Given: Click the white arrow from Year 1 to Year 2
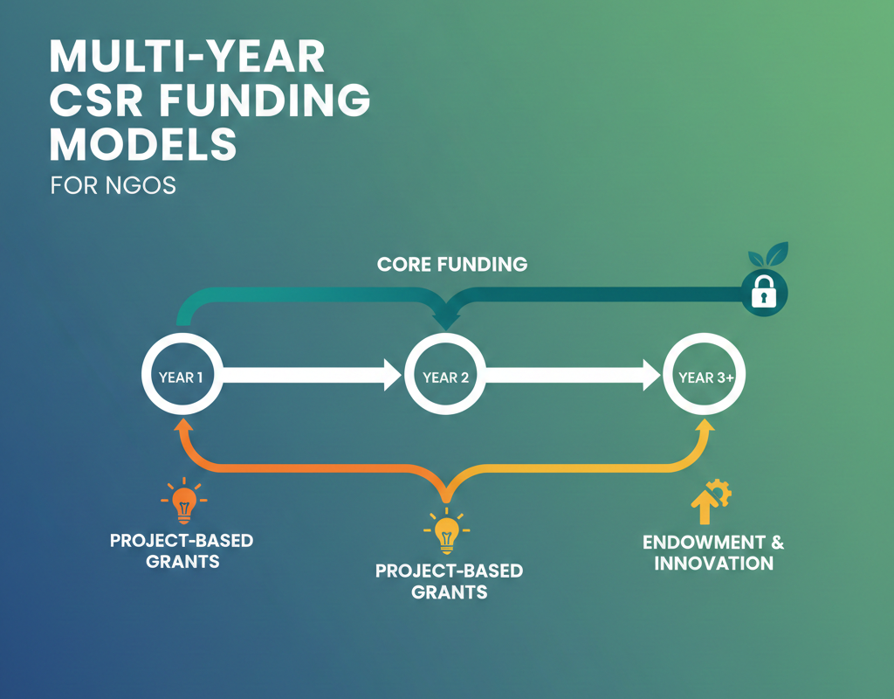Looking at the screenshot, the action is (312, 375).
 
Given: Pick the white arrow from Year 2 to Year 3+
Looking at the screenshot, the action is (573, 375).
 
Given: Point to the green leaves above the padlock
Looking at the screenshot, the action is (768, 254).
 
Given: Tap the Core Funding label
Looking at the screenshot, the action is (452, 264).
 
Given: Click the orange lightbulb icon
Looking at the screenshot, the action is (183, 501).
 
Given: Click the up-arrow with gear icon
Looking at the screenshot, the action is (711, 502).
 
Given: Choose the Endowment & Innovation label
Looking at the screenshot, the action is (713, 552).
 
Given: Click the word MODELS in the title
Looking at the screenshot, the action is (143, 144).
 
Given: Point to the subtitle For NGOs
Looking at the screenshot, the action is (113, 185).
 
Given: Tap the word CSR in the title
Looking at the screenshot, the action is (96, 100).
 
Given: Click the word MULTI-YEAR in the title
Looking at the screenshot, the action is (187, 57).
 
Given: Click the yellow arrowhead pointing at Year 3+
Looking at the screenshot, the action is (705, 426).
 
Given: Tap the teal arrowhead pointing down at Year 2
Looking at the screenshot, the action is (446, 322).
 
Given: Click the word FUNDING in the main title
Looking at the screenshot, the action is (265, 100).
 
